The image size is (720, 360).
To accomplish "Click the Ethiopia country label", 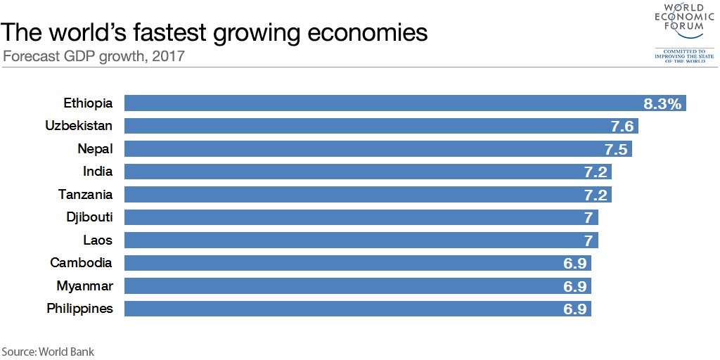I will [x=88, y=103].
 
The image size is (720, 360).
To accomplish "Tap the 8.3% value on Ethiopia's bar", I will [x=662, y=104].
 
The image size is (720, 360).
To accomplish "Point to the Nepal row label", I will [x=95, y=149].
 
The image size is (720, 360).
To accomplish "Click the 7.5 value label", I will [x=617, y=149].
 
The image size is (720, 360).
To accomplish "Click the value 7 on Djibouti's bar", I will [x=588, y=217].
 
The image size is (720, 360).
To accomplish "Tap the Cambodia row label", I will [x=81, y=263].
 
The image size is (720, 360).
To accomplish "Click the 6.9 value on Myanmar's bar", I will [x=574, y=286].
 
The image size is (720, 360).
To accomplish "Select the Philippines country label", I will [x=79, y=309].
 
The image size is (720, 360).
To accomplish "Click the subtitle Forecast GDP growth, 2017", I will [x=94, y=56].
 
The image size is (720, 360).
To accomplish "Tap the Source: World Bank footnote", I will [x=47, y=351].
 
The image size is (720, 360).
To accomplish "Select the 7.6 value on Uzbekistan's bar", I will [x=623, y=127].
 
